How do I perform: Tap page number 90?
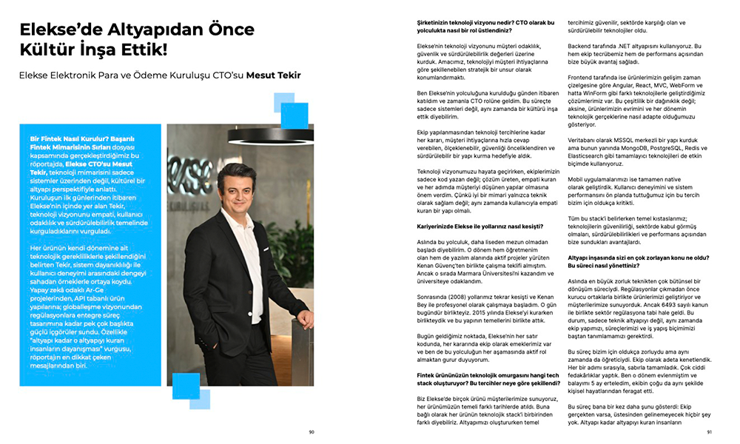tap(312, 433)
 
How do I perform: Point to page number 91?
tap(709, 433)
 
